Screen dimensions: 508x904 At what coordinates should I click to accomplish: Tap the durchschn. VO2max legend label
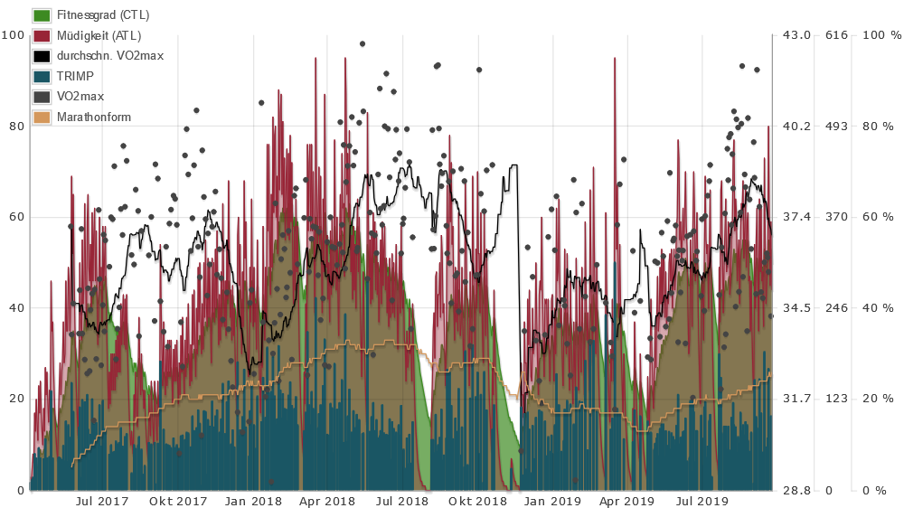pyautogui.click(x=109, y=55)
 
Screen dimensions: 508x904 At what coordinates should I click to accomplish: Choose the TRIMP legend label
pyautogui.click(x=75, y=76)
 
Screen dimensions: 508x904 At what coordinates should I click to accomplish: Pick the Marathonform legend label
pyautogui.click(x=93, y=117)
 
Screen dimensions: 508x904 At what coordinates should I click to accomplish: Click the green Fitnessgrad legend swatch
pyautogui.click(x=41, y=15)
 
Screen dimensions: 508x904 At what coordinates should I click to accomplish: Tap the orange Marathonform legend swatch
pyautogui.click(x=41, y=117)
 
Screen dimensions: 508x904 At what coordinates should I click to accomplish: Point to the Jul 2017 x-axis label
pyautogui.click(x=101, y=501)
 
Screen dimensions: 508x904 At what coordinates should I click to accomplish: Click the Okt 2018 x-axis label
pyautogui.click(x=478, y=501)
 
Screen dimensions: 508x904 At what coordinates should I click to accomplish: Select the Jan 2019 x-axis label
pyautogui.click(x=552, y=501)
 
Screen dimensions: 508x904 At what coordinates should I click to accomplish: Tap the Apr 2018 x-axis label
pyautogui.click(x=327, y=501)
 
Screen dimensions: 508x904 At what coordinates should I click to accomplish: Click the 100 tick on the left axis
pyautogui.click(x=14, y=35)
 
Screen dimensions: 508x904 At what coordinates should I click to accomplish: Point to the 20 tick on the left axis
pyautogui.click(x=16, y=399)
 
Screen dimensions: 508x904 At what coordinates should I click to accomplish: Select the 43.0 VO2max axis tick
pyautogui.click(x=795, y=35)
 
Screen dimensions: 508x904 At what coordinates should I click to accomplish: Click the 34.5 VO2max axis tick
pyautogui.click(x=795, y=308)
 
